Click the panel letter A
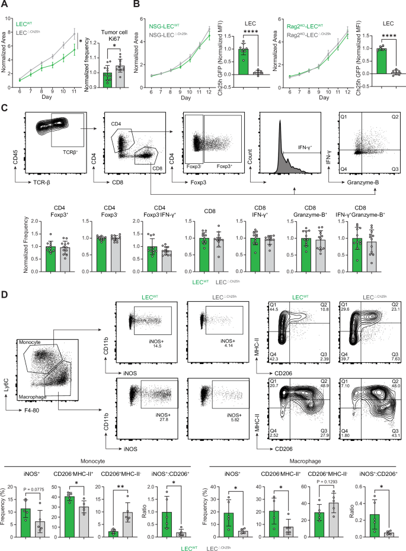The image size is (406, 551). [x=5, y=5]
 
